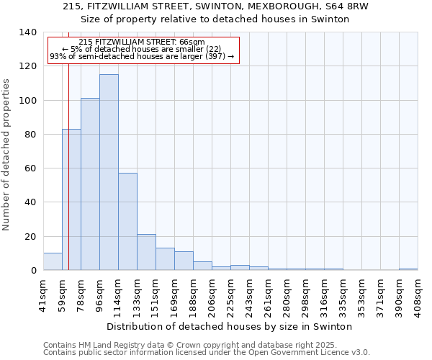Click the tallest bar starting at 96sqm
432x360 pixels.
pos(109,172)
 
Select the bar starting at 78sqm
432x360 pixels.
pos(90,184)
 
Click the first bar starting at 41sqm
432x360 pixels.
pos(53,261)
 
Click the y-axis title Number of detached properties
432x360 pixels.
pos(6,155)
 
